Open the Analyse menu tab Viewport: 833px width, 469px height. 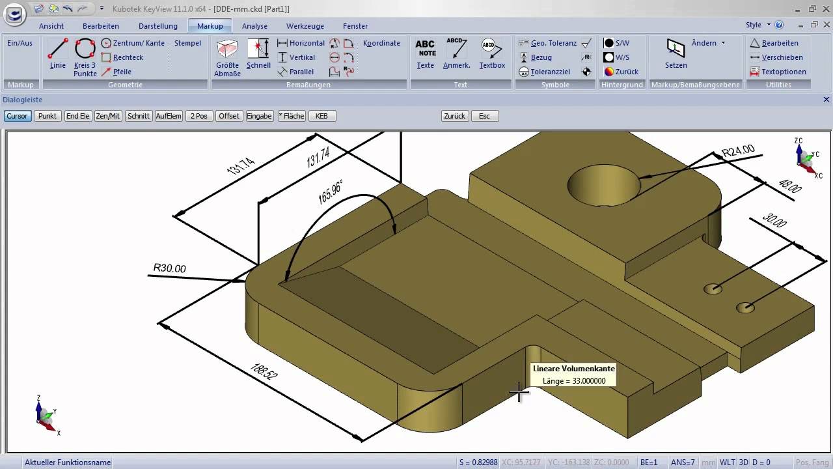coord(254,26)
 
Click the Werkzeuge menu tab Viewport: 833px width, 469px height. coord(305,26)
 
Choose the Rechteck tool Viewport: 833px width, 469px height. coord(128,57)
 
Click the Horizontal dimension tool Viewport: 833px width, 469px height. coord(306,43)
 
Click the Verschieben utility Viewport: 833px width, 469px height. coord(782,57)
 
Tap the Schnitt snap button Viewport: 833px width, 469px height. coord(139,116)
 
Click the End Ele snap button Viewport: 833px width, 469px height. coord(77,116)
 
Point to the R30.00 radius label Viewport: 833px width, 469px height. coord(169,268)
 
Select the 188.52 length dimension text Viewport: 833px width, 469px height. coord(264,371)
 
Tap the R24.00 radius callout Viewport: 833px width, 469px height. coord(738,152)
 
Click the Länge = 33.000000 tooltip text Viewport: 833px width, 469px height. coord(574,381)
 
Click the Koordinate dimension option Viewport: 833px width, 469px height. coord(381,43)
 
